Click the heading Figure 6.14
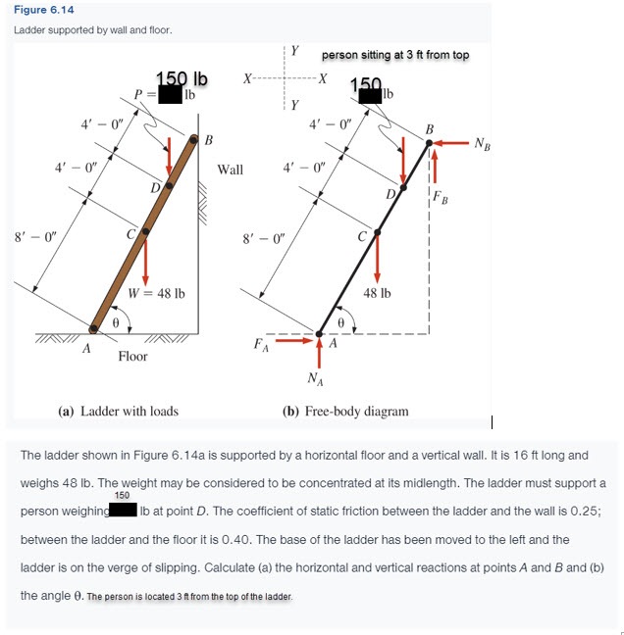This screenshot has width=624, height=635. pyautogui.click(x=41, y=11)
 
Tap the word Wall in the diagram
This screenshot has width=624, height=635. pyautogui.click(x=230, y=170)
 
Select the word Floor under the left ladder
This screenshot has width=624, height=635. pyautogui.click(x=132, y=356)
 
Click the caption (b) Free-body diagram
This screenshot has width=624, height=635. pyautogui.click(x=345, y=411)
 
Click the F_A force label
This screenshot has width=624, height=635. pyautogui.click(x=260, y=344)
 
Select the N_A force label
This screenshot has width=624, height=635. pyautogui.click(x=315, y=378)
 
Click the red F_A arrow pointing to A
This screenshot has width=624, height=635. pyautogui.click(x=294, y=342)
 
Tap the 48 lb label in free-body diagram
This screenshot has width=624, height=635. pyautogui.click(x=378, y=293)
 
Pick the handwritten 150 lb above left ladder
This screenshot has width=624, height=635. pyautogui.click(x=182, y=78)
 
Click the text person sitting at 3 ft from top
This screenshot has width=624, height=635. pyautogui.click(x=395, y=54)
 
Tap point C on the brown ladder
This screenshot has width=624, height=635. pyautogui.click(x=143, y=232)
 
